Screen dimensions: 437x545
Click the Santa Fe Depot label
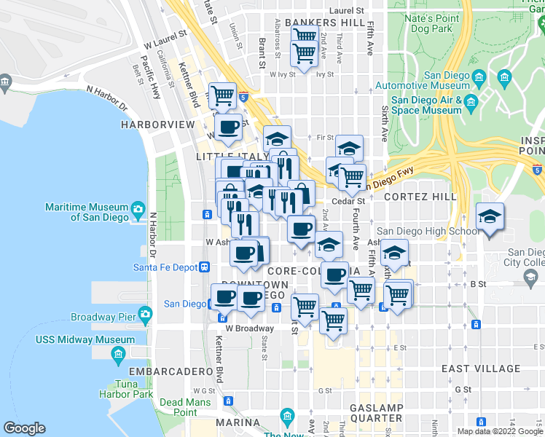tap(165, 267)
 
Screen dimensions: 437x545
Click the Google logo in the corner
tap(24, 428)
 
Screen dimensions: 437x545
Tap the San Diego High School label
tap(428, 232)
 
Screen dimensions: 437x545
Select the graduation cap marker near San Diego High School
tap(490, 217)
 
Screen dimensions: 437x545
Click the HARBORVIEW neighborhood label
tap(158, 125)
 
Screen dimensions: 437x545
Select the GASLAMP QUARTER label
tap(375, 412)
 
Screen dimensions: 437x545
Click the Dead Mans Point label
tap(179, 407)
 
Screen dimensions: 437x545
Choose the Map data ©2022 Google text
tap(501, 431)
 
